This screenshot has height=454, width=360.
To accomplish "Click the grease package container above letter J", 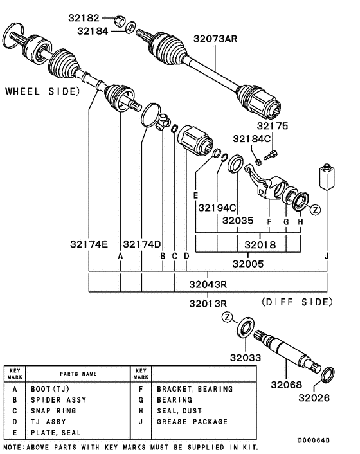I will coord(327,177).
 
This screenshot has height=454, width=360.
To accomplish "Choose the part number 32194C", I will coord(217,207).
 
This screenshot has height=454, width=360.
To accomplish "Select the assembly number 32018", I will coord(261,245).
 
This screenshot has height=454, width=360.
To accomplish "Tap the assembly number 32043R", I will coord(209,284).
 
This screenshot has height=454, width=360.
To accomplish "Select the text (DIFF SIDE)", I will coord(297,302).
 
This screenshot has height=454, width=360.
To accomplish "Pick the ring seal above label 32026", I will coord(327,373).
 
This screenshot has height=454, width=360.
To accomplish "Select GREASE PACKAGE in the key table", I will coord(192,422).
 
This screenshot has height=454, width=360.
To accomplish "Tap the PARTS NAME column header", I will coord(78,374).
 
